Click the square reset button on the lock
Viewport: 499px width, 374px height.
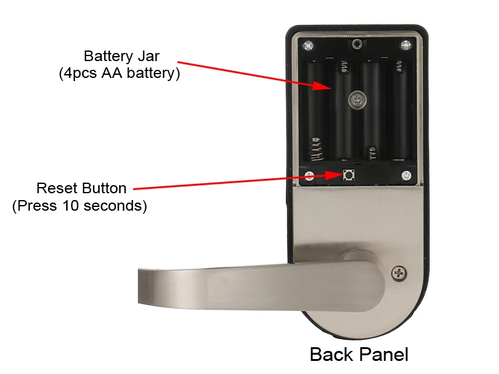pyautogui.click(x=349, y=175)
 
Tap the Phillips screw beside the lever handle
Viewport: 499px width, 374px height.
pyautogui.click(x=399, y=274)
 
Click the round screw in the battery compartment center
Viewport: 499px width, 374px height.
pyautogui.click(x=357, y=100)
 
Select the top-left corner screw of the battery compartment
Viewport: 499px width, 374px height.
pyautogui.click(x=308, y=46)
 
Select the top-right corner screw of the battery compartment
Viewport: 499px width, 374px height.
pyautogui.click(x=405, y=45)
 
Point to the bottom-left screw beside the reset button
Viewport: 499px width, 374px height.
pyautogui.click(x=309, y=176)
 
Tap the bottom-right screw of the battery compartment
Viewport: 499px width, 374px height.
pyautogui.click(x=406, y=176)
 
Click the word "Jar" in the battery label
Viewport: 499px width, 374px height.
pyautogui.click(x=148, y=56)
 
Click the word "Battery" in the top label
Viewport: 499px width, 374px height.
pyautogui.click(x=109, y=56)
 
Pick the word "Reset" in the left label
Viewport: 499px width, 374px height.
pyautogui.click(x=56, y=188)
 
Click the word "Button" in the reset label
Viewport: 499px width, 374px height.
pyautogui.click(x=104, y=188)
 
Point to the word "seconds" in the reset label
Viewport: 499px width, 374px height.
pyautogui.click(x=113, y=206)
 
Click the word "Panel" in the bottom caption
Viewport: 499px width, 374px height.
pyautogui.click(x=384, y=354)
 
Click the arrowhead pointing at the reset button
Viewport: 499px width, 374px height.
pyautogui.click(x=334, y=175)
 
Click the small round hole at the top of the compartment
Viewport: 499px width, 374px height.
pyautogui.click(x=357, y=44)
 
